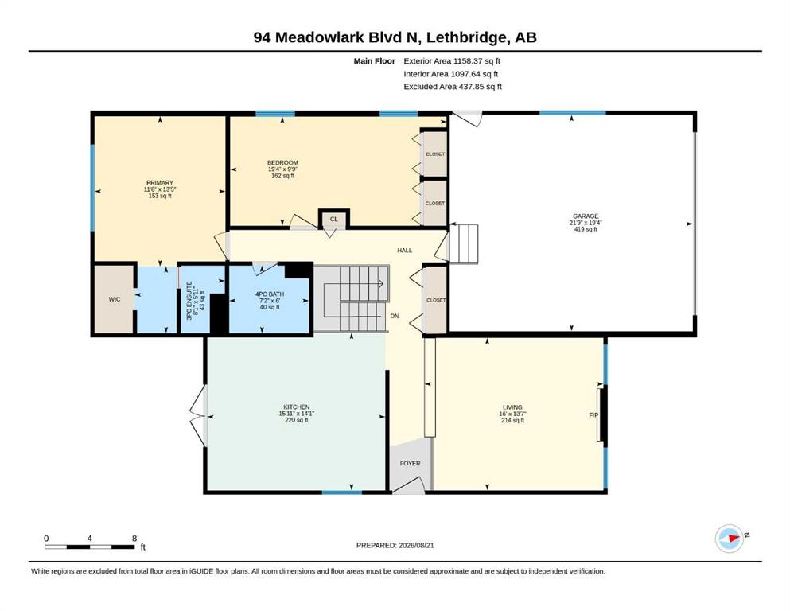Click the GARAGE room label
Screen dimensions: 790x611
pos(586,216)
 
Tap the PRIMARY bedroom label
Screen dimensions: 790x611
pos(160,183)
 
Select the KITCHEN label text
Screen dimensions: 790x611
pos(296,407)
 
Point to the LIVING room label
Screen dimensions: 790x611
pos(512,407)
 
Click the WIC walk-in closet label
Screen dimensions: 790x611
pos(115,299)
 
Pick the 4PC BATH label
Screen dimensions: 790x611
pos(270,294)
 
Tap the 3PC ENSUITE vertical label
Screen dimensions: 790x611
pos(189,301)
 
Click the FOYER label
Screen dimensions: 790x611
pos(410,463)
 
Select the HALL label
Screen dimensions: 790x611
pos(405,250)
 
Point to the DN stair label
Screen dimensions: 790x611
pos(395,317)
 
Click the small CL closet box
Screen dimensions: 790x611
pos(333,219)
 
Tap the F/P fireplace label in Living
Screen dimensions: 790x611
pos(593,415)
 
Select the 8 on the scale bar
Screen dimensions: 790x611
pos(134,539)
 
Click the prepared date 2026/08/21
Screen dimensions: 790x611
pos(416,545)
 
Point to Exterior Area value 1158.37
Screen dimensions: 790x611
pos(468,61)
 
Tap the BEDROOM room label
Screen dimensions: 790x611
pos(282,163)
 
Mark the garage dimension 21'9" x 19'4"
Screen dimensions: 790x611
pos(586,223)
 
